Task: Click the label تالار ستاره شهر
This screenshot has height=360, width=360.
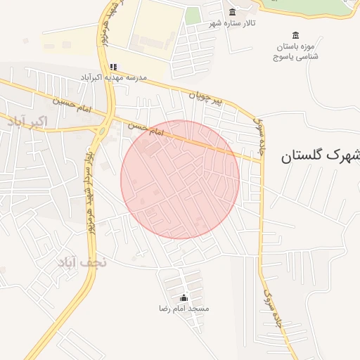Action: coord(231,23)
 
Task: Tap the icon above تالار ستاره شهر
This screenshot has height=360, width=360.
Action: coord(233,11)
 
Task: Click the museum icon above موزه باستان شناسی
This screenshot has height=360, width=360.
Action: coord(295,36)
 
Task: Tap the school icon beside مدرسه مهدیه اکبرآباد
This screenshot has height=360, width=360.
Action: coord(114,67)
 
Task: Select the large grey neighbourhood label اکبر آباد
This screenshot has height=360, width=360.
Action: coord(27,122)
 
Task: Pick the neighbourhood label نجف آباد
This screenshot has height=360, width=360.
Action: coord(82,262)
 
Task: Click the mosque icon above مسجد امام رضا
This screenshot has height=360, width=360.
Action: coord(184,297)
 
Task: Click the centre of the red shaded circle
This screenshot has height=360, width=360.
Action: coord(180,179)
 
